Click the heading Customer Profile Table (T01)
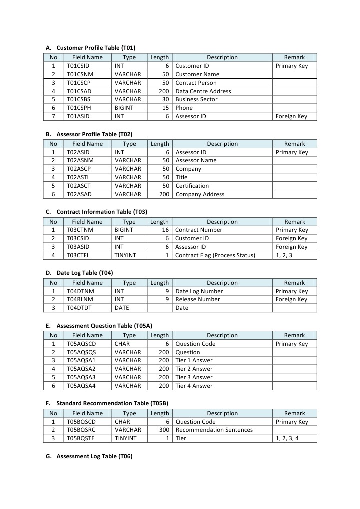point(95,48)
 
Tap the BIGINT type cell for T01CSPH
point(124,108)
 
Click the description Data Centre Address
point(203,91)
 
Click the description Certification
point(192,186)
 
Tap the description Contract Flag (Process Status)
point(215,255)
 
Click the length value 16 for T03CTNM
point(165,230)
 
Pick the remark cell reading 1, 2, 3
point(284,255)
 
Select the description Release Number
point(197,299)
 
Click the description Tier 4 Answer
point(194,386)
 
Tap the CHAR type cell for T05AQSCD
point(122,344)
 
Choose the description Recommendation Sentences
point(214,430)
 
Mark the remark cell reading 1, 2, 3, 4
point(287,439)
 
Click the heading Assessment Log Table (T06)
point(94,456)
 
